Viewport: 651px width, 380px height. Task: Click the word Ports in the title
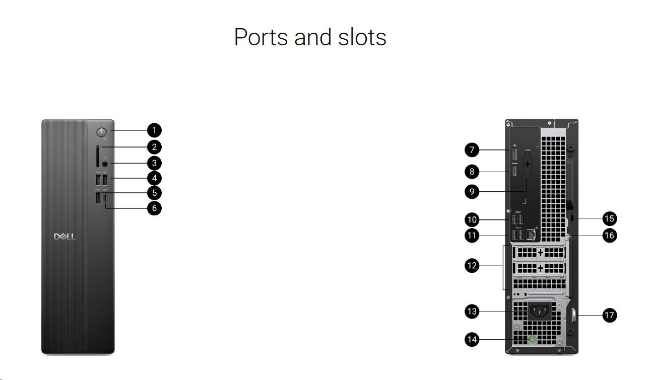261,37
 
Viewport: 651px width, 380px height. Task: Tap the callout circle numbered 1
154,130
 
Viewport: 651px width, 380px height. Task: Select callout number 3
154,163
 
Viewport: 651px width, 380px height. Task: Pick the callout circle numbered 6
154,207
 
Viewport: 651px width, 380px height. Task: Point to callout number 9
472,191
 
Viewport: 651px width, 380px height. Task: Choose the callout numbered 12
472,266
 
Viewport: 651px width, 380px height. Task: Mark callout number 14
472,340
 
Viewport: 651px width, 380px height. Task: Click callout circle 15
610,218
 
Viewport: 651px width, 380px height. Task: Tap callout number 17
610,316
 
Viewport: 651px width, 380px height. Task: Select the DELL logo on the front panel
65,237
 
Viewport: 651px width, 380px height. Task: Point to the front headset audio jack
105,163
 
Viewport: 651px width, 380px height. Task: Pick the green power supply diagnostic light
533,340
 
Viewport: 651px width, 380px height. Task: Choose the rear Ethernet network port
531,234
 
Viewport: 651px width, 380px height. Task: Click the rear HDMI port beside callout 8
514,172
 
